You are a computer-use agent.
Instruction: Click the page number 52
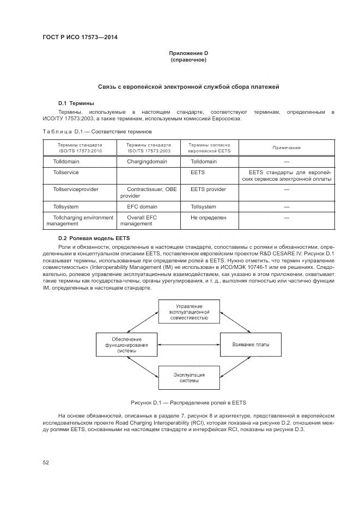(46, 462)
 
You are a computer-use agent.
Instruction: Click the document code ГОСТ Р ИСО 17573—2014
(80, 37)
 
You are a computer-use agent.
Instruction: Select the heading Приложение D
(188, 53)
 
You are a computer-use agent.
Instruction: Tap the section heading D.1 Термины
(76, 102)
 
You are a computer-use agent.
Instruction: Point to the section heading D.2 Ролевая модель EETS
(92, 238)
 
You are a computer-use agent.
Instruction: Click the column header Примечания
(286, 148)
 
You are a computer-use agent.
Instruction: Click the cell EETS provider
(208, 189)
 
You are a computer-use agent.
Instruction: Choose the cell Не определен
(208, 217)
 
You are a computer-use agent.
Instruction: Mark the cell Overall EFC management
(138, 220)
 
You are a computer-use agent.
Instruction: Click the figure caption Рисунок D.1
(188, 403)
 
